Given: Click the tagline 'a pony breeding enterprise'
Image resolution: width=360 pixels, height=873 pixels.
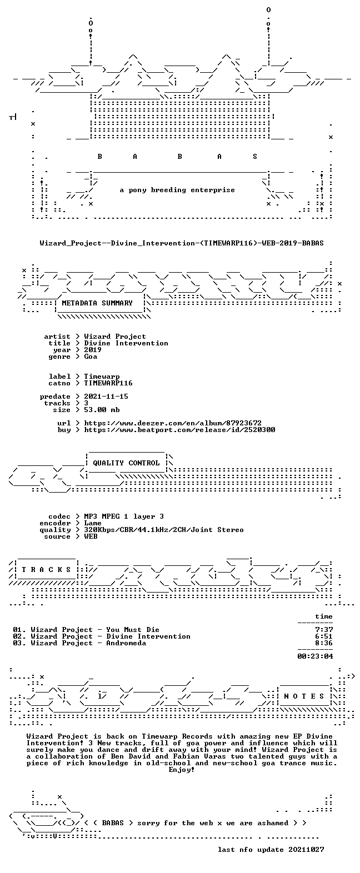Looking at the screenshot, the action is pyautogui.click(x=177, y=190).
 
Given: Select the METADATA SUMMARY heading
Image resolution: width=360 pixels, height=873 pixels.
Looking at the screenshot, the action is pyautogui.click(x=97, y=303).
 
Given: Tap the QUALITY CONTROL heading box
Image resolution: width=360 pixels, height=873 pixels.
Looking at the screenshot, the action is pyautogui.click(x=126, y=463).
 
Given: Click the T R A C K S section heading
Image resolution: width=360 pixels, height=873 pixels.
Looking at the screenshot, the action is pyautogui.click(x=47, y=569).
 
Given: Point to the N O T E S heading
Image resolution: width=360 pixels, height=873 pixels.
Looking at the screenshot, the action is pyautogui.click(x=304, y=696).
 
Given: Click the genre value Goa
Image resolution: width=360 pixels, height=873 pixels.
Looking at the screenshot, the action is pyautogui.click(x=91, y=357).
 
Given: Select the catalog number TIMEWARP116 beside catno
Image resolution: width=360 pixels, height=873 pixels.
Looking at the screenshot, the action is pyautogui.click(x=108, y=383).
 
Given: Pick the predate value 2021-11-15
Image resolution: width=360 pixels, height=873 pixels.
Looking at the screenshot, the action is pyautogui.click(x=106, y=397).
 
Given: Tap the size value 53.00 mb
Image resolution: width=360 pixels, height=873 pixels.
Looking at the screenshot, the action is pyautogui.click(x=102, y=410).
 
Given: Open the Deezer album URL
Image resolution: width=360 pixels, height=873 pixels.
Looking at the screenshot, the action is pyautogui.click(x=173, y=423).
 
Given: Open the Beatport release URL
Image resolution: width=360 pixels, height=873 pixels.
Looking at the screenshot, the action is pyautogui.click(x=179, y=429).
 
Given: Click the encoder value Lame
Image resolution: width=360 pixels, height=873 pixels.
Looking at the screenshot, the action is pyautogui.click(x=93, y=523).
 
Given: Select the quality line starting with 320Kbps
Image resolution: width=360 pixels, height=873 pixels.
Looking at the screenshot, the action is pyautogui.click(x=164, y=530).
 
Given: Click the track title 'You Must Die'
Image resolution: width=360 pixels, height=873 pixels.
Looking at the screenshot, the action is pyautogui.click(x=133, y=629).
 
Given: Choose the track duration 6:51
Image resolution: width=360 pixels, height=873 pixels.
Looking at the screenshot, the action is pyautogui.click(x=324, y=636).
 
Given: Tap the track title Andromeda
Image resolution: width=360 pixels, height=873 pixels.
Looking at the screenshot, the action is pyautogui.click(x=126, y=643).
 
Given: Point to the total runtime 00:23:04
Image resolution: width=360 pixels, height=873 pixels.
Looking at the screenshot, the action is pyautogui.click(x=315, y=656).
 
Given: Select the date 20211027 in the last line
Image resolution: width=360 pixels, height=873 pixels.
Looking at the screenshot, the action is pyautogui.click(x=306, y=849).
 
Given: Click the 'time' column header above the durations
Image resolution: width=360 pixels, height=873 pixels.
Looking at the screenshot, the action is pyautogui.click(x=324, y=616).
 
